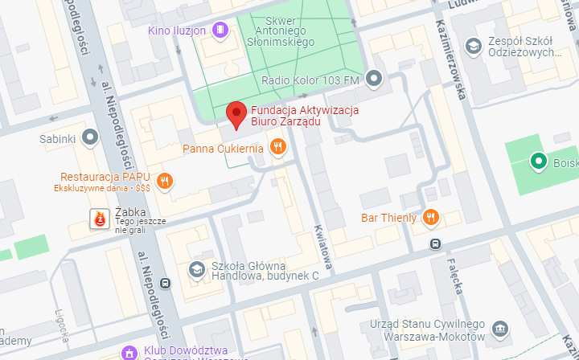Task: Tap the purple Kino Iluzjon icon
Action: pyautogui.click(x=220, y=31)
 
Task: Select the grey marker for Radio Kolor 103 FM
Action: pyautogui.click(x=374, y=79)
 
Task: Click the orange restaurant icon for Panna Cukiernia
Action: pyautogui.click(x=277, y=146)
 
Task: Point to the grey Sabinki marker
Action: pyautogui.click(x=91, y=138)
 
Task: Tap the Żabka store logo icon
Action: pyautogui.click(x=100, y=218)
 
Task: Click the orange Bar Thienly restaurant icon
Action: pyautogui.click(x=432, y=217)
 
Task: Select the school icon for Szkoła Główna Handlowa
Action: pyautogui.click(x=195, y=269)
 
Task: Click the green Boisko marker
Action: pyautogui.click(x=538, y=162)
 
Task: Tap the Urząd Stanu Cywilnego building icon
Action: pyautogui.click(x=500, y=329)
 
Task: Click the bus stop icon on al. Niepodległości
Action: pyautogui.click(x=165, y=283)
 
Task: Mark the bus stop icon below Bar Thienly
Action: pyautogui.click(x=435, y=243)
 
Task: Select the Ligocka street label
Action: pyautogui.click(x=64, y=322)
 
